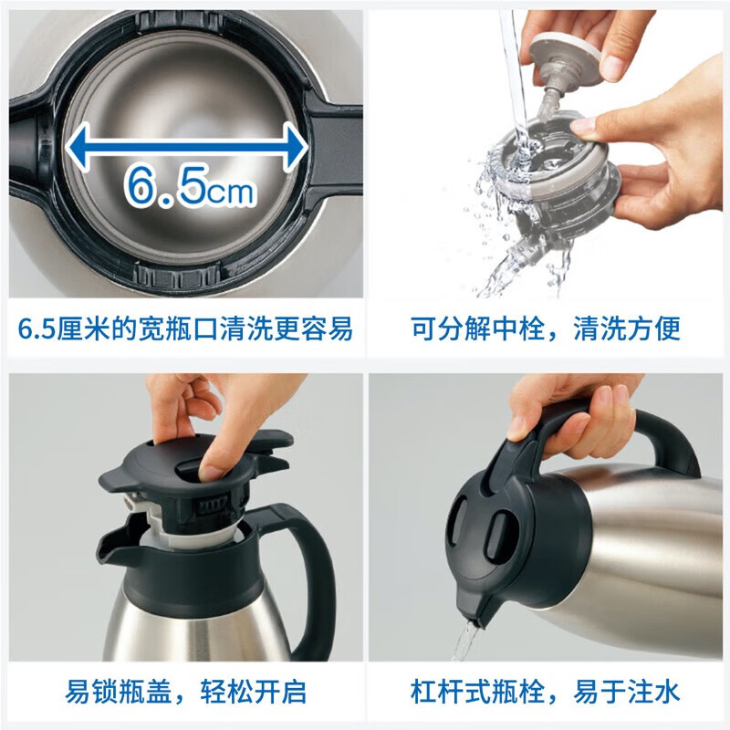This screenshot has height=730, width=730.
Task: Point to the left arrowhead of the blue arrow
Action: coord(78,142)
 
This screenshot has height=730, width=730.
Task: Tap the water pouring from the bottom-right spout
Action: coord(466,643)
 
